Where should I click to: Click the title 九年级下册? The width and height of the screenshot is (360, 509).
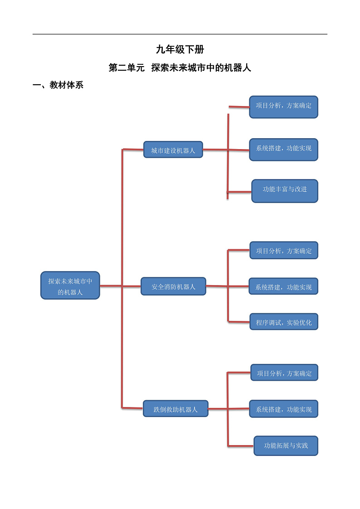180,50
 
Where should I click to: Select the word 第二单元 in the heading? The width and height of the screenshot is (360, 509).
126,68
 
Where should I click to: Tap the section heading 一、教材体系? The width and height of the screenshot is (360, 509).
58,85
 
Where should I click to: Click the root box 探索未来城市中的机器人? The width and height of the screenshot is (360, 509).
70,286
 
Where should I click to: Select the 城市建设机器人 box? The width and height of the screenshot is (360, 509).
173,150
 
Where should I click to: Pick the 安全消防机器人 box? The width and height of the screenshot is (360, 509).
173,286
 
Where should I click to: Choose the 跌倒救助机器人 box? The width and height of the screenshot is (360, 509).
175,409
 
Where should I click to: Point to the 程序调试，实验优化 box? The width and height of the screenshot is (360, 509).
284,322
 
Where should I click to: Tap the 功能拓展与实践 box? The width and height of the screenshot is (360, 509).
286,446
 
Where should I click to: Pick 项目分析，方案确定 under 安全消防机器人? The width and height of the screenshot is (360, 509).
284,250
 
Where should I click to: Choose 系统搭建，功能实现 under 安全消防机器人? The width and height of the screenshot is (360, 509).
283,286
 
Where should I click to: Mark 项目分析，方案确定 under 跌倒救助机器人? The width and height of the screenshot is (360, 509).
284,373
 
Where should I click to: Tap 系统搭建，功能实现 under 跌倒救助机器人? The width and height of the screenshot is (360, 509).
283,409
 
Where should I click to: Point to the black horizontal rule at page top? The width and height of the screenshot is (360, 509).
180,34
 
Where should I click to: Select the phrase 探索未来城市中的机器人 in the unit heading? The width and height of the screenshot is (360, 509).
201,68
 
